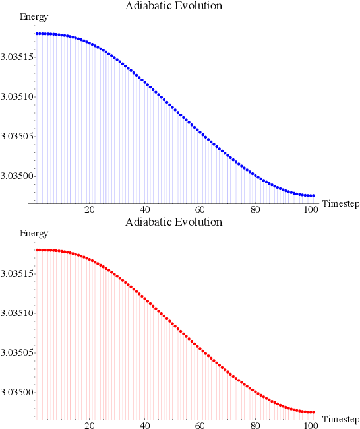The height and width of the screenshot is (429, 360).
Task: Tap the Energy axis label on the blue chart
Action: point(34,17)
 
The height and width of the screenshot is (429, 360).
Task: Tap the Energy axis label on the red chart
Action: point(34,234)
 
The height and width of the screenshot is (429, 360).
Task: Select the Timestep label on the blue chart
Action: point(340,204)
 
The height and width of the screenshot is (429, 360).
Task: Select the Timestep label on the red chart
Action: point(340,420)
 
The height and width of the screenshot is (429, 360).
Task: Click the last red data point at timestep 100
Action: point(313,412)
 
